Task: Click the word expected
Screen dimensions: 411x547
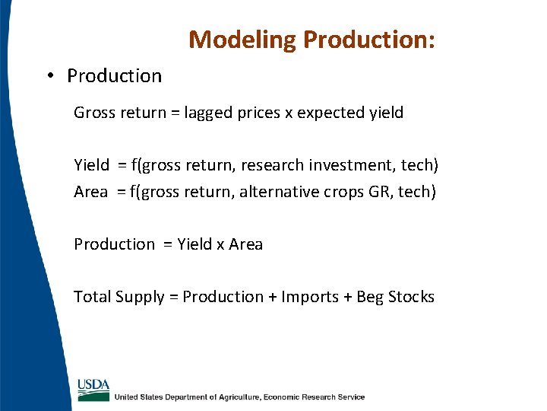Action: click(330, 113)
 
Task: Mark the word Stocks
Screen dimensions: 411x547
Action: click(411, 297)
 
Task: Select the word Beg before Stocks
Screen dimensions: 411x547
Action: click(370, 298)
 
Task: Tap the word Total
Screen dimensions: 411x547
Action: click(92, 297)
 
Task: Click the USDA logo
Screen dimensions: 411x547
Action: click(93, 388)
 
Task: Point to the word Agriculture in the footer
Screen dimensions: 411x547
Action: click(232, 397)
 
